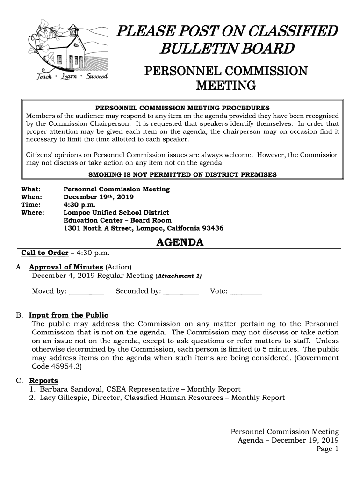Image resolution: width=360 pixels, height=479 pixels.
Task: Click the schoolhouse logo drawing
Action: tap(68, 51)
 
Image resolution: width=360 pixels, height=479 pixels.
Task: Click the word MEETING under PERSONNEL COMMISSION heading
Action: tap(225, 86)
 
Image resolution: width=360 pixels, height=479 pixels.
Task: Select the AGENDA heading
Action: tap(180, 243)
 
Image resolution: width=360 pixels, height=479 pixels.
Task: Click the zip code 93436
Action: tap(212, 228)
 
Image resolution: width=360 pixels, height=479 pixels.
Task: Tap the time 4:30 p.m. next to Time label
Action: tap(79, 205)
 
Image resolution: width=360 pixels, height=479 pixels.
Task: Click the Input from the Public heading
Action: tap(68, 315)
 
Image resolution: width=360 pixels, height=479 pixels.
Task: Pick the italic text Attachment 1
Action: tap(179, 276)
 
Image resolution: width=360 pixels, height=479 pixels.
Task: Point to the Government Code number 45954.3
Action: tap(65, 367)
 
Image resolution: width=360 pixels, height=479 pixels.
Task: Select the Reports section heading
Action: tap(43, 380)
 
